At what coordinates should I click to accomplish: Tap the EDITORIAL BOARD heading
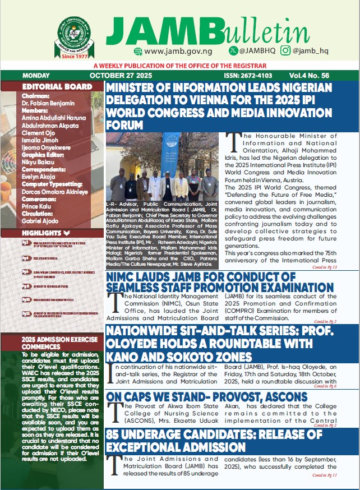[x=57, y=87]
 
